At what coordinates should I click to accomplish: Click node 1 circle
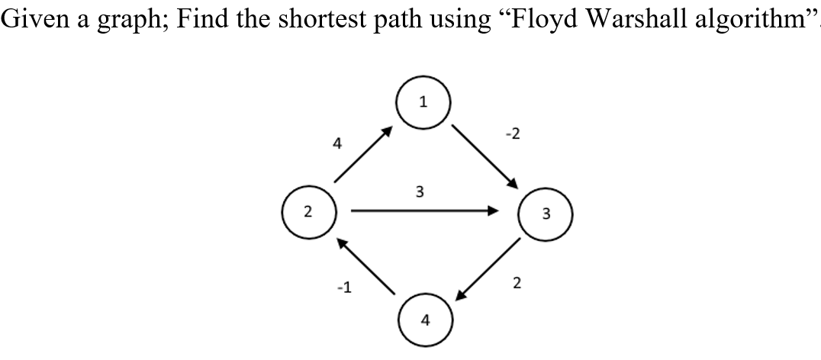point(423,101)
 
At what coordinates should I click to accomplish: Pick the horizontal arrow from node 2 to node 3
point(424,212)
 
